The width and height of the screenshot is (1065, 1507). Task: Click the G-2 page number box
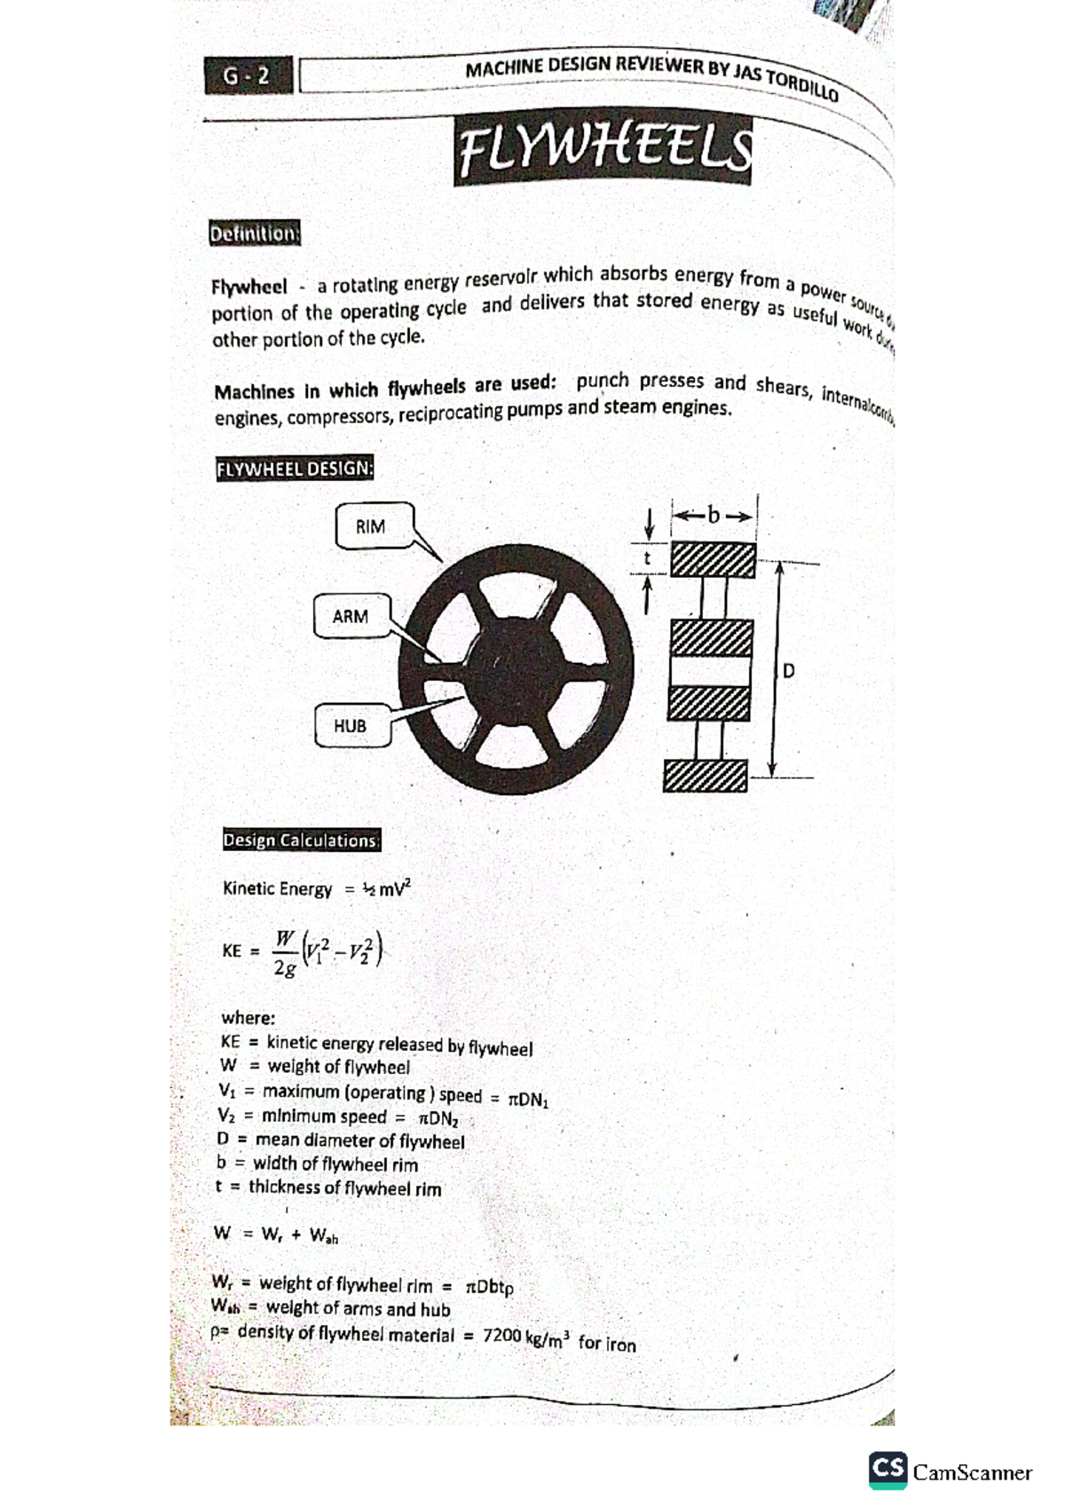tap(247, 76)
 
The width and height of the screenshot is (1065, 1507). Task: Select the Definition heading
tap(255, 233)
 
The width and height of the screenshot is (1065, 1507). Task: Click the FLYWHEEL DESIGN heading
tap(295, 469)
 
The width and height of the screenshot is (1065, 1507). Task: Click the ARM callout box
tap(351, 616)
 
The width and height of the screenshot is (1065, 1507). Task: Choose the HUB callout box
tap(351, 726)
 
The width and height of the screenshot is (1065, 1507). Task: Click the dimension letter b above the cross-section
tap(714, 515)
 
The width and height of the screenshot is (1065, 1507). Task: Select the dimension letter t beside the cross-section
tap(647, 558)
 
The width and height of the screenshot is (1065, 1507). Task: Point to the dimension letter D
tap(788, 671)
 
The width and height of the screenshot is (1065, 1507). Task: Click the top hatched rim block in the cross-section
tap(713, 560)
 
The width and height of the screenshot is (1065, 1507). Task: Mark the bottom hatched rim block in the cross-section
tap(705, 775)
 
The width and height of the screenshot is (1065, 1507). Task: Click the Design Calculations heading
tap(301, 840)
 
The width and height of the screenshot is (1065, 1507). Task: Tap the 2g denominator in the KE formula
tap(284, 967)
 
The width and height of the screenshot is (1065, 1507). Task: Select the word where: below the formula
tap(248, 1017)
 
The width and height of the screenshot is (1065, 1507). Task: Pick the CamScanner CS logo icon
tap(887, 1471)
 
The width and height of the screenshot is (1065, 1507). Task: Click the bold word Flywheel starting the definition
tap(249, 288)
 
